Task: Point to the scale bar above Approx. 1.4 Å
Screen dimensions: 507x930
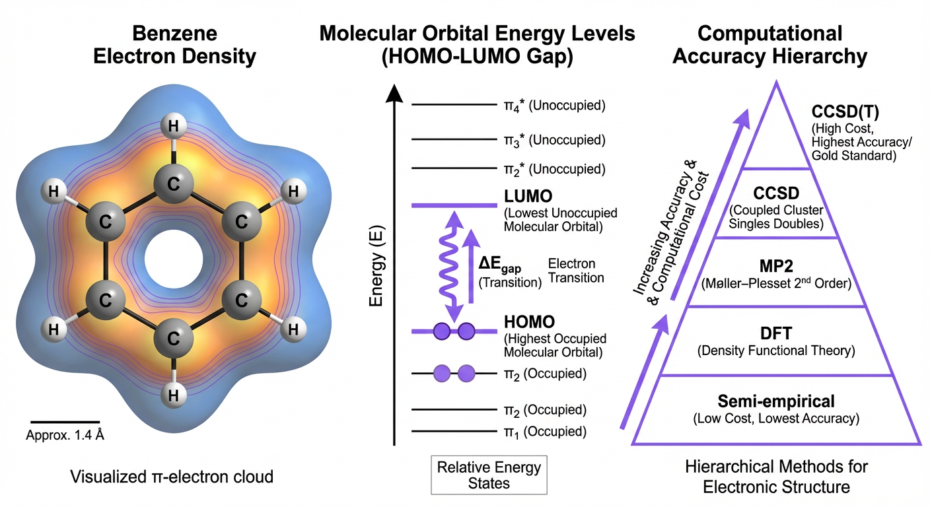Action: coord(65,421)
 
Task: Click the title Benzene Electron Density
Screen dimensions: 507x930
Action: coord(174,45)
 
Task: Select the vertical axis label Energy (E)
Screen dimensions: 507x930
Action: coord(377,267)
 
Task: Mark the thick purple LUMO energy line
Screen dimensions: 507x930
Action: coord(454,206)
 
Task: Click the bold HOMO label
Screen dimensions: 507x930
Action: coord(530,322)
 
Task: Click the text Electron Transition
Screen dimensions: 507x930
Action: coord(576,271)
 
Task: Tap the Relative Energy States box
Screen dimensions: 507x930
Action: coord(489,475)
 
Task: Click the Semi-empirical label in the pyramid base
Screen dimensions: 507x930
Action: coord(776,401)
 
